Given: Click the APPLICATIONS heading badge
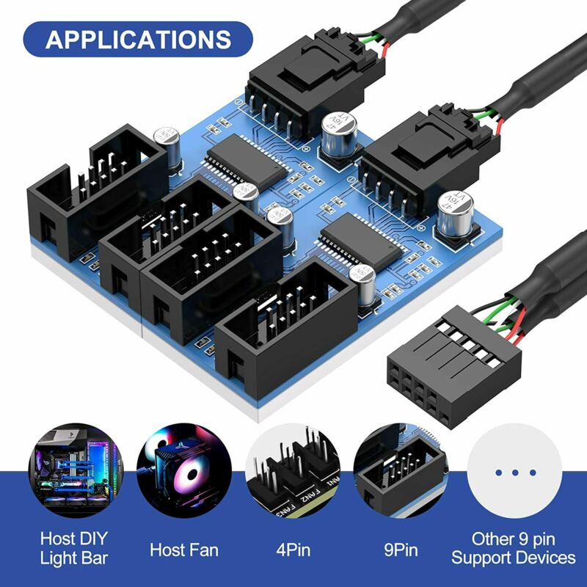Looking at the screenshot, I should coord(138,39).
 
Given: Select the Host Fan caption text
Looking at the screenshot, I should coord(184,548).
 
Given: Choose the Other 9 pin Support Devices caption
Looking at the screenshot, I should coord(513,548).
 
